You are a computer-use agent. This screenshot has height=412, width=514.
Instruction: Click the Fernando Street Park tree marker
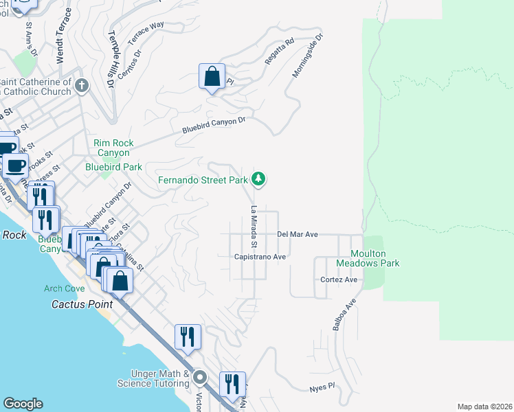258,179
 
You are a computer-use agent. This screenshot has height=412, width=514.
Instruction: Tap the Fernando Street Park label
203,181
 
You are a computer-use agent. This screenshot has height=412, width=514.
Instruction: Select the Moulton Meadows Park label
367,258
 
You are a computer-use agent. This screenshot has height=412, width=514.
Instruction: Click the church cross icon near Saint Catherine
82,87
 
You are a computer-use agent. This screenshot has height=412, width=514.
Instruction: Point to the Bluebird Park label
113,167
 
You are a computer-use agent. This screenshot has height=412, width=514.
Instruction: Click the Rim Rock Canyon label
113,148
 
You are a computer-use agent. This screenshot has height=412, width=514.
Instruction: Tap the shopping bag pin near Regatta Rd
212,76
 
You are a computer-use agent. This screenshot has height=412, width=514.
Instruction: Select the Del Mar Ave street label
297,234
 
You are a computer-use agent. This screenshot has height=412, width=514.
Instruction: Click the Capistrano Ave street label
260,257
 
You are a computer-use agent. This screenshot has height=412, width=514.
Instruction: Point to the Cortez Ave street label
339,280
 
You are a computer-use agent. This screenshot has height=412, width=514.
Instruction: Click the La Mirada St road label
254,227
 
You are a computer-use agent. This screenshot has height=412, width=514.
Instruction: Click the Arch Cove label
64,288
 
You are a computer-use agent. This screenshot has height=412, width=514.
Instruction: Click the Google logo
23,404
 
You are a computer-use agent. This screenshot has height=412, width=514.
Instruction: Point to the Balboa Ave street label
346,314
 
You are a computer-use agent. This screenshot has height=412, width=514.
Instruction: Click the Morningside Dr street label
308,56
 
